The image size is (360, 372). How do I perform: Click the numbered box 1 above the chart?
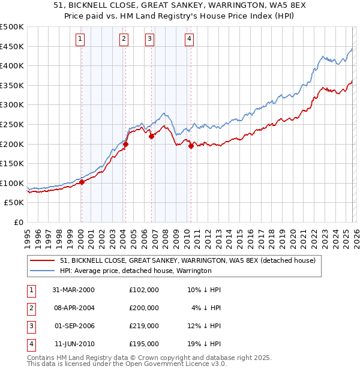[x=80, y=40]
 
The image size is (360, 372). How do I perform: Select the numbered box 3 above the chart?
[x=149, y=40]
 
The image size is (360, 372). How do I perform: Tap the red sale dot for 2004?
[x=125, y=144]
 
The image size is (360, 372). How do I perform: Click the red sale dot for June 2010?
[x=191, y=146]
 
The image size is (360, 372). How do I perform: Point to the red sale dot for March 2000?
[x=82, y=182]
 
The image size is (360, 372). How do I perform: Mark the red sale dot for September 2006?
[x=151, y=136]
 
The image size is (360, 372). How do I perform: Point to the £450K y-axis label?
[x=12, y=46]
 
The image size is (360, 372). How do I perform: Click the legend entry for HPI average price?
[x=136, y=271]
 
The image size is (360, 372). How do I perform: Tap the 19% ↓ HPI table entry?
[x=204, y=344]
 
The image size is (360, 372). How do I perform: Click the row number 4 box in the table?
[x=29, y=344]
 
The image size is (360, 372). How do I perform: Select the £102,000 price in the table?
[x=144, y=289]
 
